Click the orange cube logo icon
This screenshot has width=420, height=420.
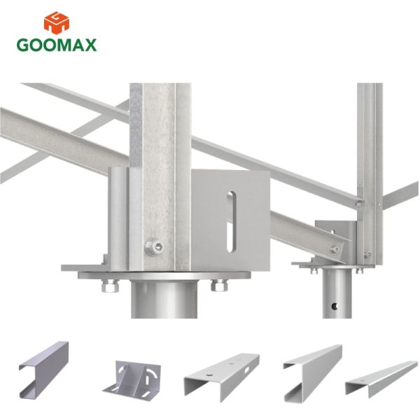(x=57, y=23)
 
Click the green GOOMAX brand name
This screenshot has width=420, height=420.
(x=57, y=45)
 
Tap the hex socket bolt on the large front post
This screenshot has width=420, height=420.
(x=155, y=246)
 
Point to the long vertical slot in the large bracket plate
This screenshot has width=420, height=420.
(x=231, y=222)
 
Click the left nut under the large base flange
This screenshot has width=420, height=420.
(x=110, y=286)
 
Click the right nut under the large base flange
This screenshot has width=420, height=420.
(x=219, y=286)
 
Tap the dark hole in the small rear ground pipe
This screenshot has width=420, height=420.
(x=335, y=306)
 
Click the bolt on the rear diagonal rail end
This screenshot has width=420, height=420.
(x=335, y=249)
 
